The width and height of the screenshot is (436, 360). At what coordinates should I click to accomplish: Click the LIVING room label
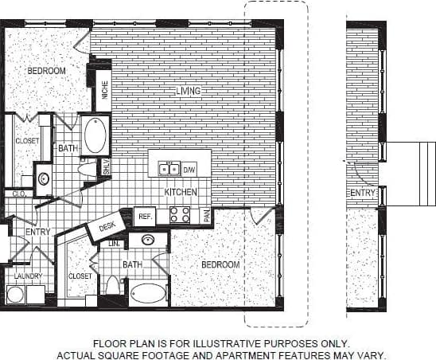click(188, 92)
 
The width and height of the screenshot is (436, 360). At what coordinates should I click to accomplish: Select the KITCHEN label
click(180, 193)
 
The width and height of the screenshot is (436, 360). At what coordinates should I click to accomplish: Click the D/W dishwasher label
click(189, 170)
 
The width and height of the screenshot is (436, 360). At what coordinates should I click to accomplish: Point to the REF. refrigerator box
click(145, 216)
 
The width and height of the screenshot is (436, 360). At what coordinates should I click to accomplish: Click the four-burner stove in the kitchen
click(179, 215)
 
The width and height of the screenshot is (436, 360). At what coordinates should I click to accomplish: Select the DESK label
click(107, 226)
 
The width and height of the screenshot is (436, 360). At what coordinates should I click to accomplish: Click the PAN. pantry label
click(206, 215)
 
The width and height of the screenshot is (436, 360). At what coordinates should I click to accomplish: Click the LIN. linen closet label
click(113, 244)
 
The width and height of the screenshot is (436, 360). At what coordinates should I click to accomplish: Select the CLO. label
click(17, 194)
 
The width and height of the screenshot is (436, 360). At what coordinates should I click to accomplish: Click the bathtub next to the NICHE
click(95, 135)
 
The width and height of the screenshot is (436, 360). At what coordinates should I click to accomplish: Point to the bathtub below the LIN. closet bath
click(148, 293)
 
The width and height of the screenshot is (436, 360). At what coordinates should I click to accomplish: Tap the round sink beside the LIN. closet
click(148, 239)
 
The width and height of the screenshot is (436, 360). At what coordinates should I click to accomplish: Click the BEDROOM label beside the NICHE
click(46, 71)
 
